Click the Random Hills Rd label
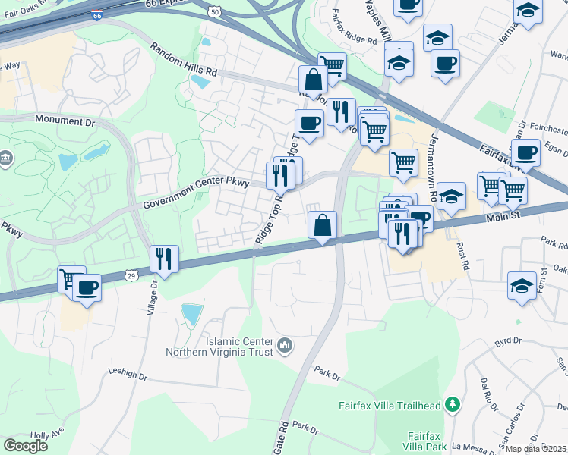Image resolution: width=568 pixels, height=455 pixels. click(184, 60)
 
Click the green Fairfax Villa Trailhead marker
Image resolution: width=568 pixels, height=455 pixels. click(453, 405)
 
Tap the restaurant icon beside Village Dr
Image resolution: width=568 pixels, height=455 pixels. click(164, 259)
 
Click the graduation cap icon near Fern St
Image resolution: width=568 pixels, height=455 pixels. click(522, 286)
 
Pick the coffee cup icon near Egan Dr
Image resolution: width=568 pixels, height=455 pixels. click(525, 153)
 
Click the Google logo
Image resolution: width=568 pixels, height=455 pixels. click(25, 445)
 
